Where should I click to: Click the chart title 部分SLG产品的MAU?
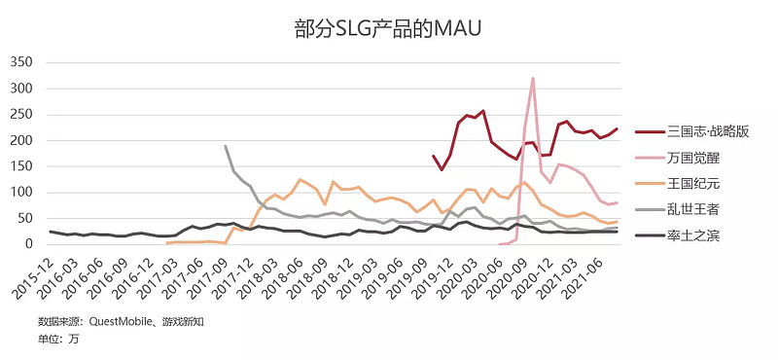[388, 29]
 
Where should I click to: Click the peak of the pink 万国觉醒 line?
[533, 78]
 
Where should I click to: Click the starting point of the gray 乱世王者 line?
[226, 146]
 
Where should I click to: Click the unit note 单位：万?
[58, 339]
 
